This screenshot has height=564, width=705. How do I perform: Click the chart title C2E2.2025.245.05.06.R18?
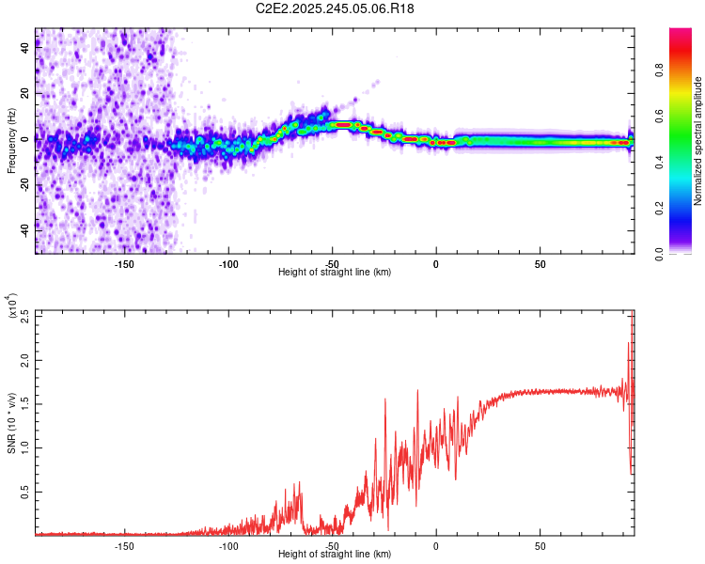click(336, 8)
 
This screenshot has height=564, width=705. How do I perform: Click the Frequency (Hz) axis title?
click(11, 141)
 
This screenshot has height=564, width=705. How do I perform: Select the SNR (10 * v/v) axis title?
click(11, 422)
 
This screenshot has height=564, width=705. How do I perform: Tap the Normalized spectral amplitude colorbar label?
click(698, 141)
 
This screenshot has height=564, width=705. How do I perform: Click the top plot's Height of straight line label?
click(335, 272)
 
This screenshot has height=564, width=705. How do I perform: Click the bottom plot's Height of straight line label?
click(335, 554)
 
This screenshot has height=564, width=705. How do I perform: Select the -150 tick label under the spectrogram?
click(124, 264)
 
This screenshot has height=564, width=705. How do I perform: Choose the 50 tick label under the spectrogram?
click(540, 264)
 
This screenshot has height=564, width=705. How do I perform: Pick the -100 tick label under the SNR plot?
click(228, 546)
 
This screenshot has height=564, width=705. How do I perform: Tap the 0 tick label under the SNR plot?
click(436, 546)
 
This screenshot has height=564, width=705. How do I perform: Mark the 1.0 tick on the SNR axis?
click(25, 447)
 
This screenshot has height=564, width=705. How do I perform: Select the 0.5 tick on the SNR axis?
click(25, 491)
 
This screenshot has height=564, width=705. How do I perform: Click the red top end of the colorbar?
click(681, 33)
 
